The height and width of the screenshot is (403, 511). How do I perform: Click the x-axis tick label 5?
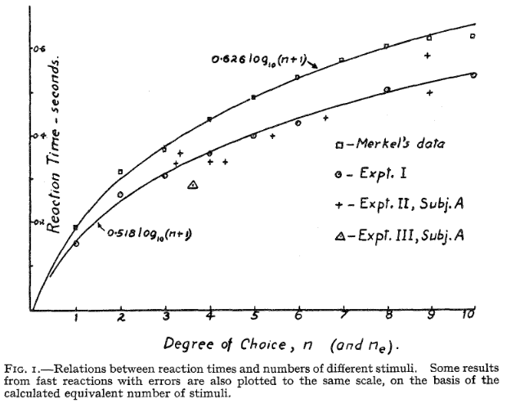pyautogui.click(x=254, y=316)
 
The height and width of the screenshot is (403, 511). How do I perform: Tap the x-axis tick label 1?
pyautogui.click(x=76, y=318)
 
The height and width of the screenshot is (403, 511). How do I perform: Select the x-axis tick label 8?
pyautogui.click(x=386, y=316)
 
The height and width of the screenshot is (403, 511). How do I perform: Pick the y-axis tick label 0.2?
pyautogui.click(x=38, y=222)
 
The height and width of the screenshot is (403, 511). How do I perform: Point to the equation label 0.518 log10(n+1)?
pyautogui.click(x=150, y=234)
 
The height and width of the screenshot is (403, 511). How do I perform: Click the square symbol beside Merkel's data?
pyautogui.click(x=338, y=145)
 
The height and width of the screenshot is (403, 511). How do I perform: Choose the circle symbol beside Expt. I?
pyautogui.click(x=338, y=177)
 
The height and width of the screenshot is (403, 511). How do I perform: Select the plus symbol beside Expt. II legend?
pyautogui.click(x=338, y=207)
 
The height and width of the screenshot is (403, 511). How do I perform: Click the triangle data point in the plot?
pyautogui.click(x=192, y=186)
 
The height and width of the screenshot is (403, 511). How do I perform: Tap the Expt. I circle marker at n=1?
pyautogui.click(x=76, y=244)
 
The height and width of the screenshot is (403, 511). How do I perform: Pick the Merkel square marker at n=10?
pyautogui.click(x=473, y=36)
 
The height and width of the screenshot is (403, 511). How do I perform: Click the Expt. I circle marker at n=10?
pyautogui.click(x=473, y=74)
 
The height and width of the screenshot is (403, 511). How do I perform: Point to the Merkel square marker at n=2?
pyautogui.click(x=121, y=172)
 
